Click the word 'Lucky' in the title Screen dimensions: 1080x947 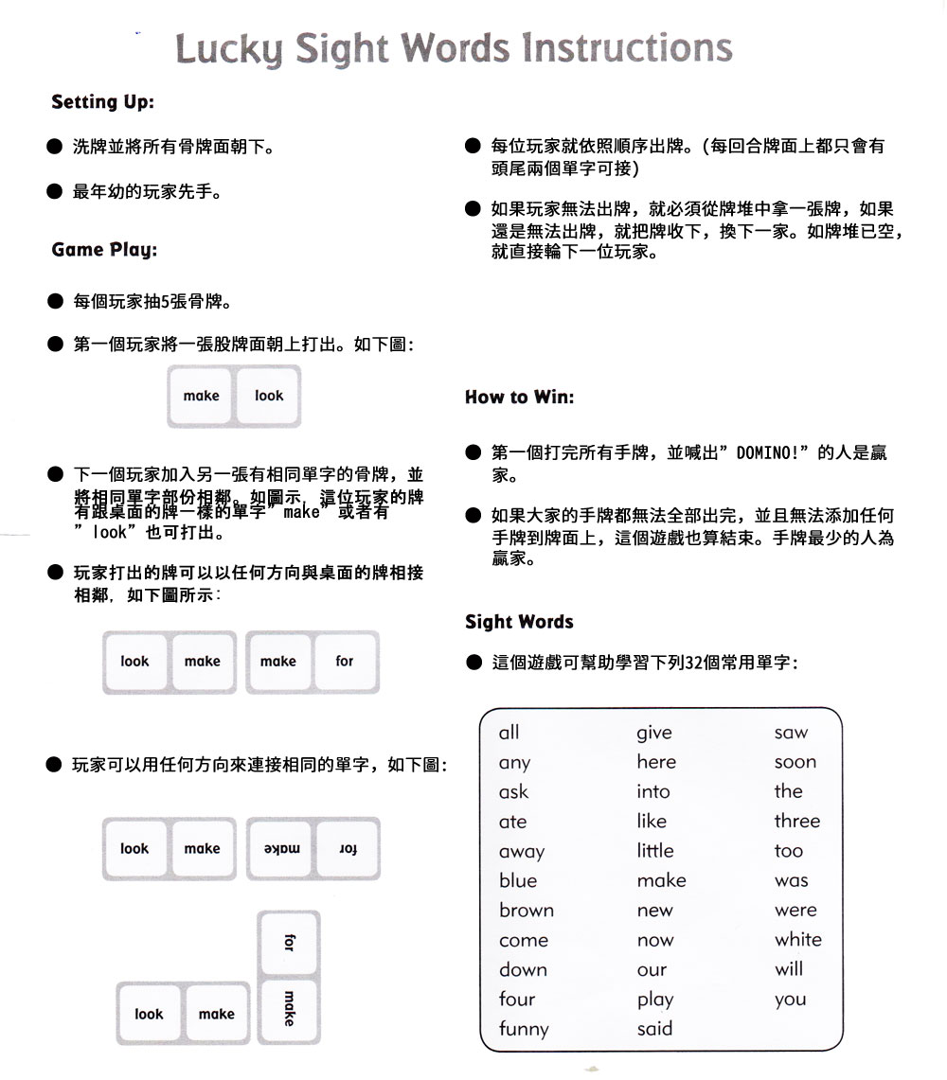click(226, 50)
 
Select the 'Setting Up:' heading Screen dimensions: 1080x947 click(102, 102)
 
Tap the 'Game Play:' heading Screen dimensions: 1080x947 click(104, 250)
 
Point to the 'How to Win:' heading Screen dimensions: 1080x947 click(519, 398)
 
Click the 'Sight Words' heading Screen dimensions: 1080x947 click(519, 622)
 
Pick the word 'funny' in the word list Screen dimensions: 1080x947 click(524, 1029)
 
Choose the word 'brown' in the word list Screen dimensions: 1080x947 click(526, 911)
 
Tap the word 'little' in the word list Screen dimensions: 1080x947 click(654, 851)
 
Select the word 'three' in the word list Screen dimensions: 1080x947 click(796, 822)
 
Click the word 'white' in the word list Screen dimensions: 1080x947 click(797, 940)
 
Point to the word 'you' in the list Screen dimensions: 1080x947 click(789, 1000)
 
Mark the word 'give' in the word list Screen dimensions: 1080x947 click(653, 733)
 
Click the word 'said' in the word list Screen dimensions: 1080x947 click(653, 1029)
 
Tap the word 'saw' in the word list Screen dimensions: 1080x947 click(791, 733)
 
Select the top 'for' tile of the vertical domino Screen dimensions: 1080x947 click(289, 943)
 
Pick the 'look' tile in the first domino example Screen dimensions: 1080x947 click(269, 397)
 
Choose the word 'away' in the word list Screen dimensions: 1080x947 click(521, 852)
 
